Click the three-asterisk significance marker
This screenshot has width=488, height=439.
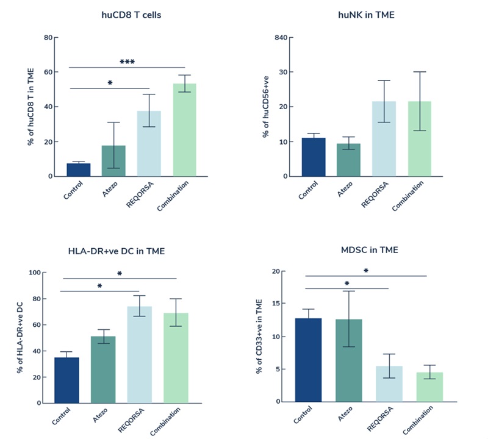tap(127, 62)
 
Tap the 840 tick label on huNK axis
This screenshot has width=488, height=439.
tap(280, 37)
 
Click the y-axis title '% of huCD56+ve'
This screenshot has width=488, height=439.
tap(267, 107)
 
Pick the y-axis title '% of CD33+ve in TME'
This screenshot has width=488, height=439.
tap(259, 336)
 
